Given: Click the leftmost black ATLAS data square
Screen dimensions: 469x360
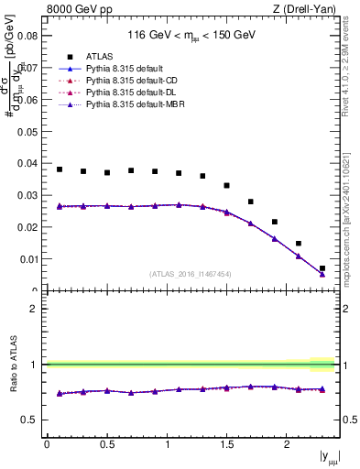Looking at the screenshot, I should point(60,169).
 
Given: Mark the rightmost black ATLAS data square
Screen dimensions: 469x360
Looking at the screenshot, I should point(322,268).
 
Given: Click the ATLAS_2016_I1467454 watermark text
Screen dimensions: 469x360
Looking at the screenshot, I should point(190,274).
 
